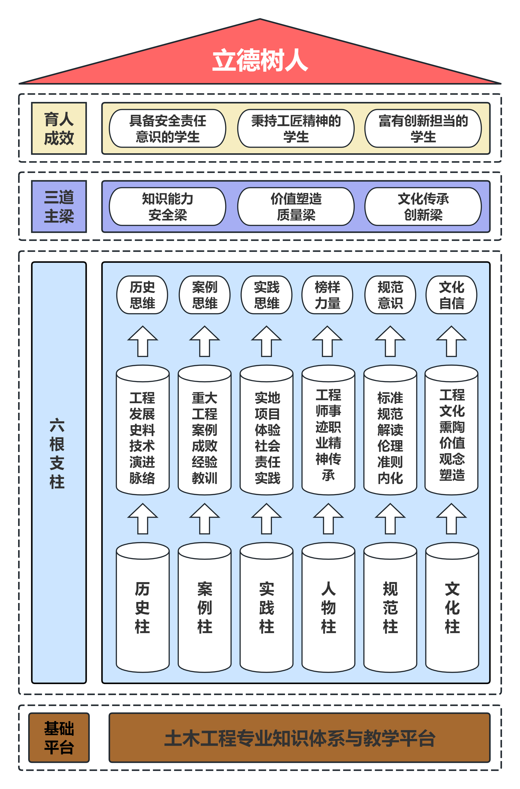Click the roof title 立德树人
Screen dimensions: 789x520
(260, 60)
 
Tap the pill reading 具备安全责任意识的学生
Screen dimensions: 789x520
(168, 128)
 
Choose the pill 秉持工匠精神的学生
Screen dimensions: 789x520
(296, 128)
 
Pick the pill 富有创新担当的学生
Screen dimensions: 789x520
(423, 128)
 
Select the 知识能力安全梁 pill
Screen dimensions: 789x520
(168, 206)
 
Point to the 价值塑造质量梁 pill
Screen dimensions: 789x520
(296, 206)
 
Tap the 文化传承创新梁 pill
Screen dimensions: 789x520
(423, 206)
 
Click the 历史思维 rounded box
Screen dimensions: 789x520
(142, 295)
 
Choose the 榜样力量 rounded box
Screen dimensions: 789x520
(327, 295)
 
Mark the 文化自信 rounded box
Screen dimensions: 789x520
(451, 295)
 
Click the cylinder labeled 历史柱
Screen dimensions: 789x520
(143, 607)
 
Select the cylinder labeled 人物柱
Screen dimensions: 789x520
(328, 607)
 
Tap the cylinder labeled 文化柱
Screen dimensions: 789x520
(452, 607)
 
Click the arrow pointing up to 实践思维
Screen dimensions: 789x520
(267, 342)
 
